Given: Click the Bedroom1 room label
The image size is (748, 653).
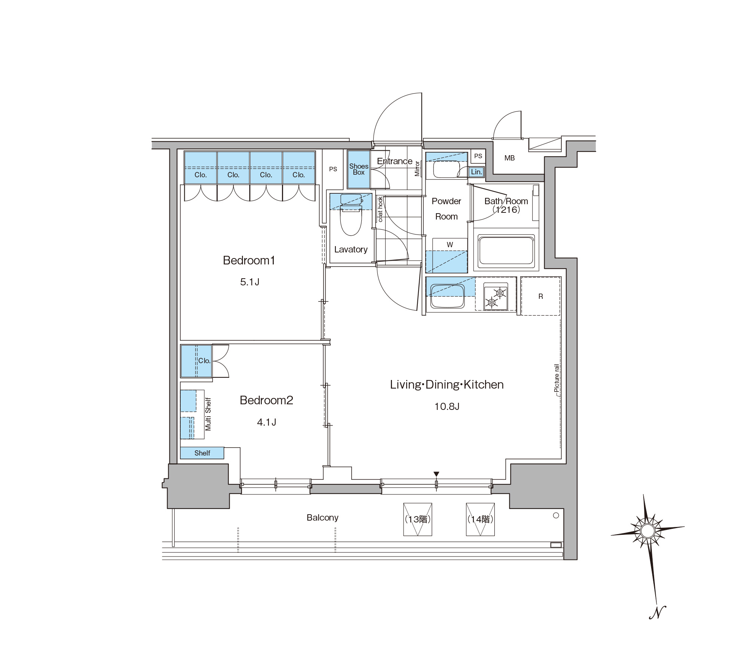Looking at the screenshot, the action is tap(249, 260).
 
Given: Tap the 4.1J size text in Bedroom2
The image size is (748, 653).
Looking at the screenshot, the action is tap(267, 422).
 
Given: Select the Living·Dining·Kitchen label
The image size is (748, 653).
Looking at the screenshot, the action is tap(447, 384).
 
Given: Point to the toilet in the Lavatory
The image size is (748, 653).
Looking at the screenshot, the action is tap(351, 215).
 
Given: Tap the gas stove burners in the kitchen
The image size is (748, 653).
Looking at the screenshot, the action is tap(496, 297).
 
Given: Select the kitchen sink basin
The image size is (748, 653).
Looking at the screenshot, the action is tap(448, 296).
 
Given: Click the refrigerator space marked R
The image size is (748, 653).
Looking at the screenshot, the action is tap(540, 296).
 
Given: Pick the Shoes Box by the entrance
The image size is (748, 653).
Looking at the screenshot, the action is tap(359, 169).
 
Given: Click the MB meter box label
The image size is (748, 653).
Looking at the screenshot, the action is tap(509, 158).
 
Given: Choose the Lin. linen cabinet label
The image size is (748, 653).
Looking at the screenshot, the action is tap(476, 172).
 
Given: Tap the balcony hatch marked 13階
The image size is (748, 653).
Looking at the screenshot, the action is tap(418, 519).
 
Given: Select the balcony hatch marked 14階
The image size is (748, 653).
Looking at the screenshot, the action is tap(481, 519).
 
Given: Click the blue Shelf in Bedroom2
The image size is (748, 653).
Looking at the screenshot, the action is tap(202, 453).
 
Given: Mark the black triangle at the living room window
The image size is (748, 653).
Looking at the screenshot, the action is tap(436, 474).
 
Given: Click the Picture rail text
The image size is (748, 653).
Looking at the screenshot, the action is tap(557, 378).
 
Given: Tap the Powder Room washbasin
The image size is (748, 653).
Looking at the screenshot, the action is tap(447, 169).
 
